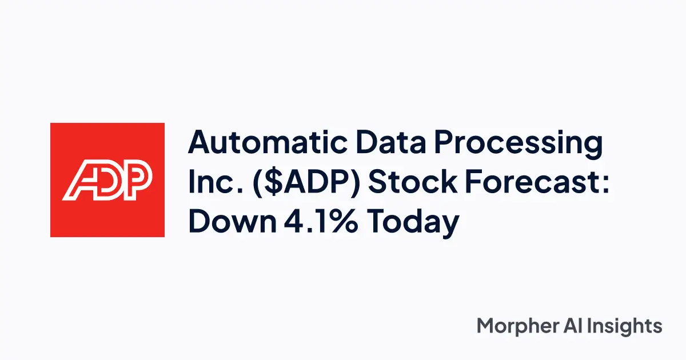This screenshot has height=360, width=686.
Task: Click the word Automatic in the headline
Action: click(268, 142)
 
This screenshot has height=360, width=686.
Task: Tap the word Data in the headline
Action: click(391, 142)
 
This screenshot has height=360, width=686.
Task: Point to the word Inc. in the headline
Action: click(216, 182)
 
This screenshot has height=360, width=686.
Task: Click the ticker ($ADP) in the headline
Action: click(306, 183)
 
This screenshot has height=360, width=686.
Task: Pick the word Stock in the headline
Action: click(413, 182)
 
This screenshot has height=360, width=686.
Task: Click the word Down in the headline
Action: click(233, 221)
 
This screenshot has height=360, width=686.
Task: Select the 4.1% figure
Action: click(321, 221)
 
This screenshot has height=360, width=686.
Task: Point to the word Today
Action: click(413, 223)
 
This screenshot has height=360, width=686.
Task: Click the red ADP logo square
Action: click(107, 180)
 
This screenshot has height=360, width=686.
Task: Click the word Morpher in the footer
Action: click(518, 326)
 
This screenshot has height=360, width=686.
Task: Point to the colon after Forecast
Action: click(605, 185)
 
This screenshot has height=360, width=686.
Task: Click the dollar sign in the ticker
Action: click(274, 182)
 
